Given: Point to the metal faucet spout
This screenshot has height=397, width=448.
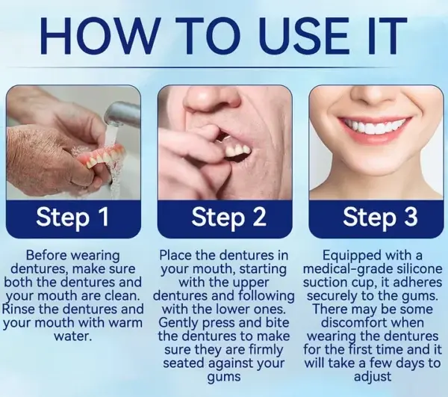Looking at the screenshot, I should click(x=123, y=114).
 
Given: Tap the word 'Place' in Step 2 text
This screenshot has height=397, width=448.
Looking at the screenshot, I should click(x=179, y=255).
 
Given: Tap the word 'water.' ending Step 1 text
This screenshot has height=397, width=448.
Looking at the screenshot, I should click(x=73, y=336).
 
